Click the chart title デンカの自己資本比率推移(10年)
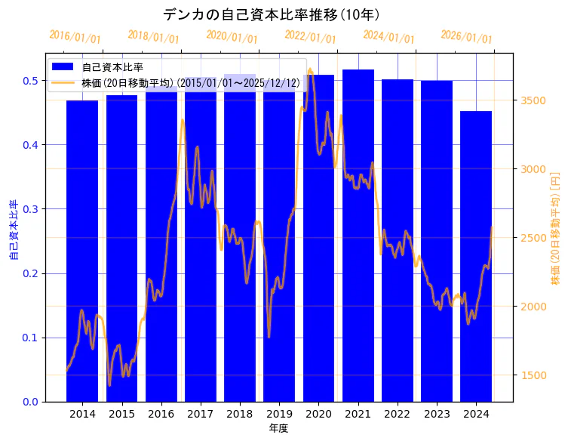pyautogui.click(x=272, y=14)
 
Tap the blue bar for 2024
pyautogui.click(x=476, y=256)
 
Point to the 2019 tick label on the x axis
pyautogui.click(x=279, y=414)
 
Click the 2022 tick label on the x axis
pyautogui.click(x=398, y=414)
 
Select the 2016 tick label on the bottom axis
pyautogui.click(x=161, y=414)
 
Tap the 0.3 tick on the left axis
pyautogui.click(x=32, y=209)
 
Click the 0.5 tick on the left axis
pyautogui.click(x=32, y=81)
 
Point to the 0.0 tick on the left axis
pyautogui.click(x=32, y=402)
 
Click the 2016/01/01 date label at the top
pyautogui.click(x=75, y=37)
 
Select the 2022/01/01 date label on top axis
pyautogui.click(x=310, y=37)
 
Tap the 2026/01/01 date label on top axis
pyautogui.click(x=466, y=37)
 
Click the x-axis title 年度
pyautogui.click(x=279, y=428)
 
